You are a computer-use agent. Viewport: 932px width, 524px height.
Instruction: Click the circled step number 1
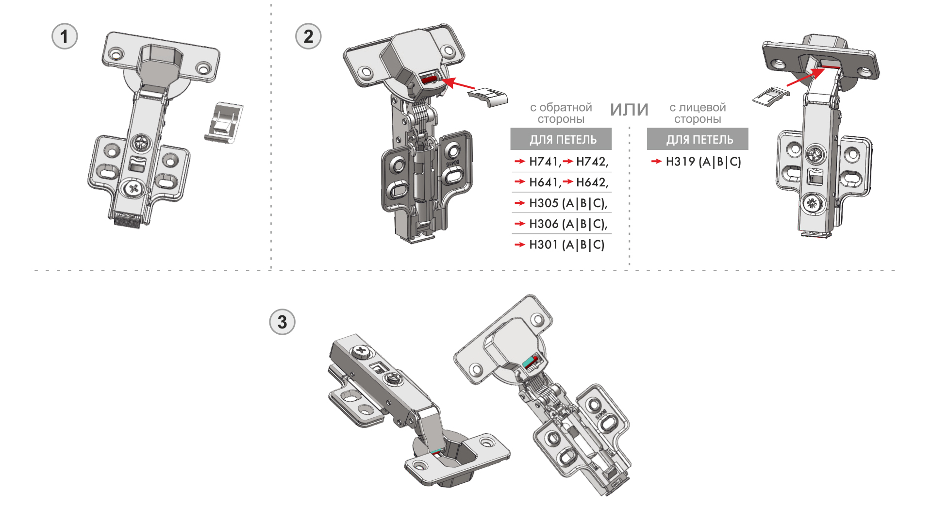[x=65, y=36]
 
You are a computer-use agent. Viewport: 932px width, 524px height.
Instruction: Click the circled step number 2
[x=308, y=36]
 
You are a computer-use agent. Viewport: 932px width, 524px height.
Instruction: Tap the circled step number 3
[x=282, y=322]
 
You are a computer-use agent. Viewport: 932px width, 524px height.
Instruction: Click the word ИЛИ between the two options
[x=629, y=110]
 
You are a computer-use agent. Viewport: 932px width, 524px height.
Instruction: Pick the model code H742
[x=592, y=162]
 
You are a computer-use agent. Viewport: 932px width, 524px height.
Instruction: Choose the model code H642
[x=592, y=182]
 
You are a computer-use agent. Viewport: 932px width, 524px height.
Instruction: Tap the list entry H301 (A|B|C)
[x=566, y=245]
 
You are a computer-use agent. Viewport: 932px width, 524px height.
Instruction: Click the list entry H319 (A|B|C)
[x=703, y=162]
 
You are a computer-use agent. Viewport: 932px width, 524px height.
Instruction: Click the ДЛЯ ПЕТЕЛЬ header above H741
[x=561, y=139]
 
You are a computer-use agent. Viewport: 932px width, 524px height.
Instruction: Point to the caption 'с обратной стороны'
[x=561, y=113]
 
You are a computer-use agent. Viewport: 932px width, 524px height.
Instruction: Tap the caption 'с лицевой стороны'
[x=698, y=113]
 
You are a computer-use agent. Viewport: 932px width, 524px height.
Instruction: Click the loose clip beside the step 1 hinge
[x=224, y=122]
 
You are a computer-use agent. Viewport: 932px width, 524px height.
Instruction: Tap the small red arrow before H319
[x=656, y=162]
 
